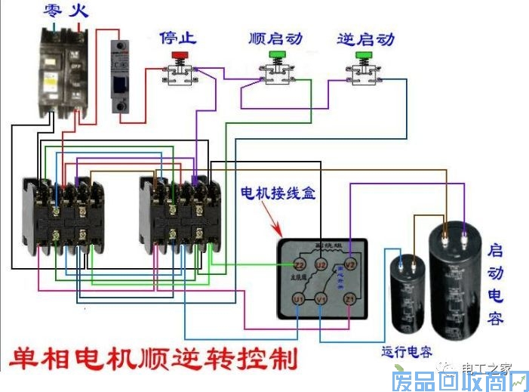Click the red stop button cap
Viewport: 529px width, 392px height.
click(x=180, y=55)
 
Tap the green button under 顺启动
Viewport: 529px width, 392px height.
click(x=275, y=55)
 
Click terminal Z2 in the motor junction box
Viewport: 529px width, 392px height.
click(x=299, y=264)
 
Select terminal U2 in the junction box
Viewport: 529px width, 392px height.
click(x=320, y=264)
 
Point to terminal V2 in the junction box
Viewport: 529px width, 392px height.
click(x=349, y=264)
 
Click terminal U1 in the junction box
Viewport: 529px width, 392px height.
click(x=299, y=300)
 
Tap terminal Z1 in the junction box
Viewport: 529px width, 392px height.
click(x=349, y=300)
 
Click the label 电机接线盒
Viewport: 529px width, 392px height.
click(x=277, y=194)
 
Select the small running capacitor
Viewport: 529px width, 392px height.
click(x=406, y=295)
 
